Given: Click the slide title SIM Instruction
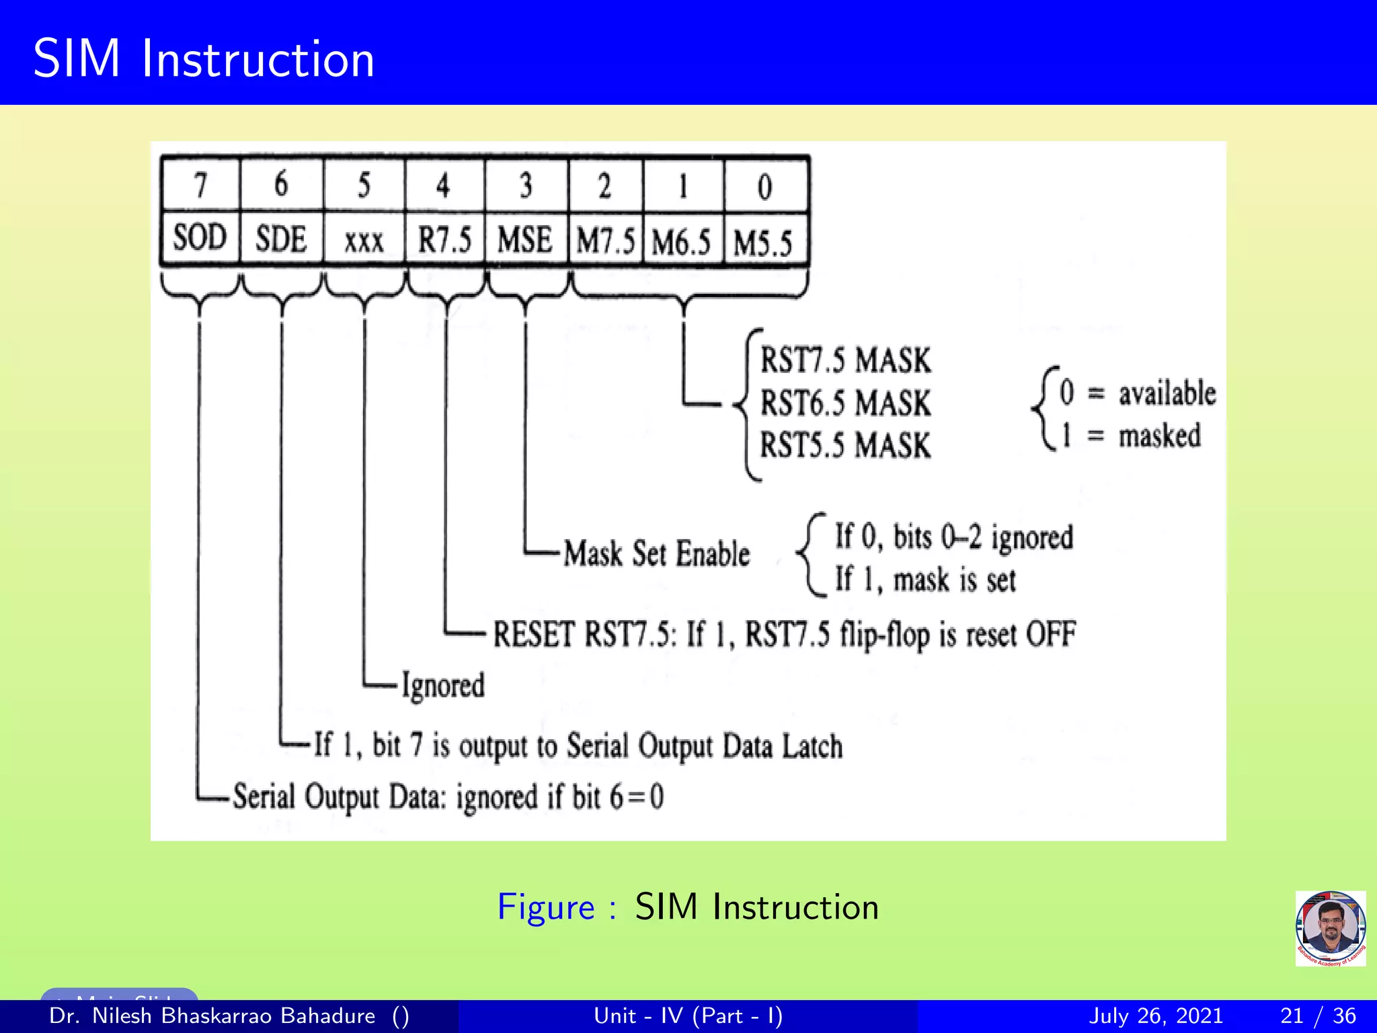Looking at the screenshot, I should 203,59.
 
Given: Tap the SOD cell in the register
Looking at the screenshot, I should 200,238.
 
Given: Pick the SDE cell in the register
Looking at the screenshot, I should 281,239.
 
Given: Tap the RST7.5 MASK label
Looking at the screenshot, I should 845,360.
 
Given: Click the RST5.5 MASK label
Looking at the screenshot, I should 845,445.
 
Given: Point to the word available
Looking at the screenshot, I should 1167,393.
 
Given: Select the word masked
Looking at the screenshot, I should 1159,436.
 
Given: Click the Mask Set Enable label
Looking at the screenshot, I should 656,554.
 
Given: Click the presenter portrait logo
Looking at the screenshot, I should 1330,928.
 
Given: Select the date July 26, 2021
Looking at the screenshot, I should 1155,1016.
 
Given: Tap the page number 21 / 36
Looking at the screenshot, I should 1318,1016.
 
